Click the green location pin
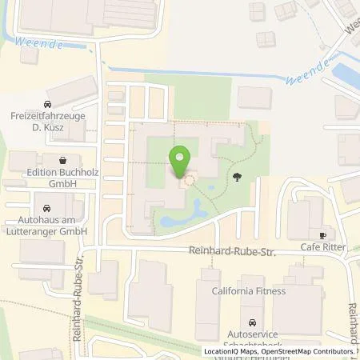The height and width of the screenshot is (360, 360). [181, 159]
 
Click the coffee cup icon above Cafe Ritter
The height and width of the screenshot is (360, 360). [323, 235]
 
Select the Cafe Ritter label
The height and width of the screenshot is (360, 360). [323, 248]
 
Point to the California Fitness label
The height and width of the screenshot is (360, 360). [248, 291]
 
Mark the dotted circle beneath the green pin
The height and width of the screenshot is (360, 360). [190, 181]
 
